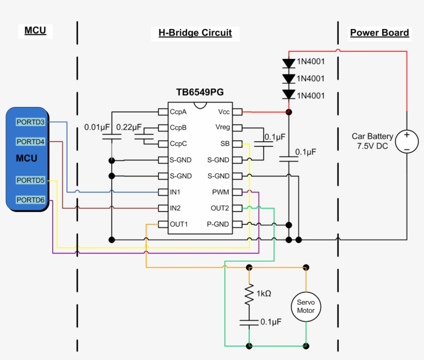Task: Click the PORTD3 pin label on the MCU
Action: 31,123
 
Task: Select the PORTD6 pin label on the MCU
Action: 31,200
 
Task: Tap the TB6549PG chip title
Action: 200,93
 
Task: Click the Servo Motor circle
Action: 306,307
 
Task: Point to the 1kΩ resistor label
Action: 264,293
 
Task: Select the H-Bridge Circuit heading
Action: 195,33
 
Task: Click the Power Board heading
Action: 380,33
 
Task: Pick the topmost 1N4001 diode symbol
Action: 289,63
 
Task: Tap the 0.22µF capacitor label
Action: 129,127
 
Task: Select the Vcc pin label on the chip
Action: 224,112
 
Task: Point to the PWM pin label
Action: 221,192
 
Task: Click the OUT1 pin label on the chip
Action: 179,224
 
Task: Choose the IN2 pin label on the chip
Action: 175,208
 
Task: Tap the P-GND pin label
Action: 218,224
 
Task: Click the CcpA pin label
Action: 178,112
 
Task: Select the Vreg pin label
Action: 222,128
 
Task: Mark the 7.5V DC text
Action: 372,146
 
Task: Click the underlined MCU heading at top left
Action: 35,31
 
